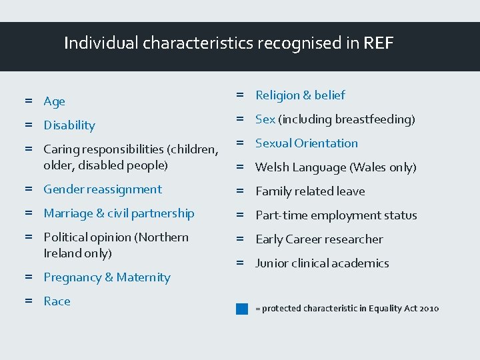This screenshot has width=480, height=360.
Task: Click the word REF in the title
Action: click(379, 44)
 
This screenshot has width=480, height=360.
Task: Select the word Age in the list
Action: click(55, 101)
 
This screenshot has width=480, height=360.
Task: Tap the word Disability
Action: click(69, 125)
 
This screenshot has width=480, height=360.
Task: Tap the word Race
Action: click(57, 301)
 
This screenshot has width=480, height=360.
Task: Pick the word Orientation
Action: click(326, 143)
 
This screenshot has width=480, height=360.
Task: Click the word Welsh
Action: click(272, 167)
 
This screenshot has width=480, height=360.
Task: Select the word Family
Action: click(273, 191)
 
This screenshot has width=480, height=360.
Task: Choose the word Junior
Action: click(273, 263)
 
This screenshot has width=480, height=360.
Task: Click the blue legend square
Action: click(242, 309)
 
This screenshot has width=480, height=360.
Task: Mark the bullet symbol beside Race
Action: click(29, 301)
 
